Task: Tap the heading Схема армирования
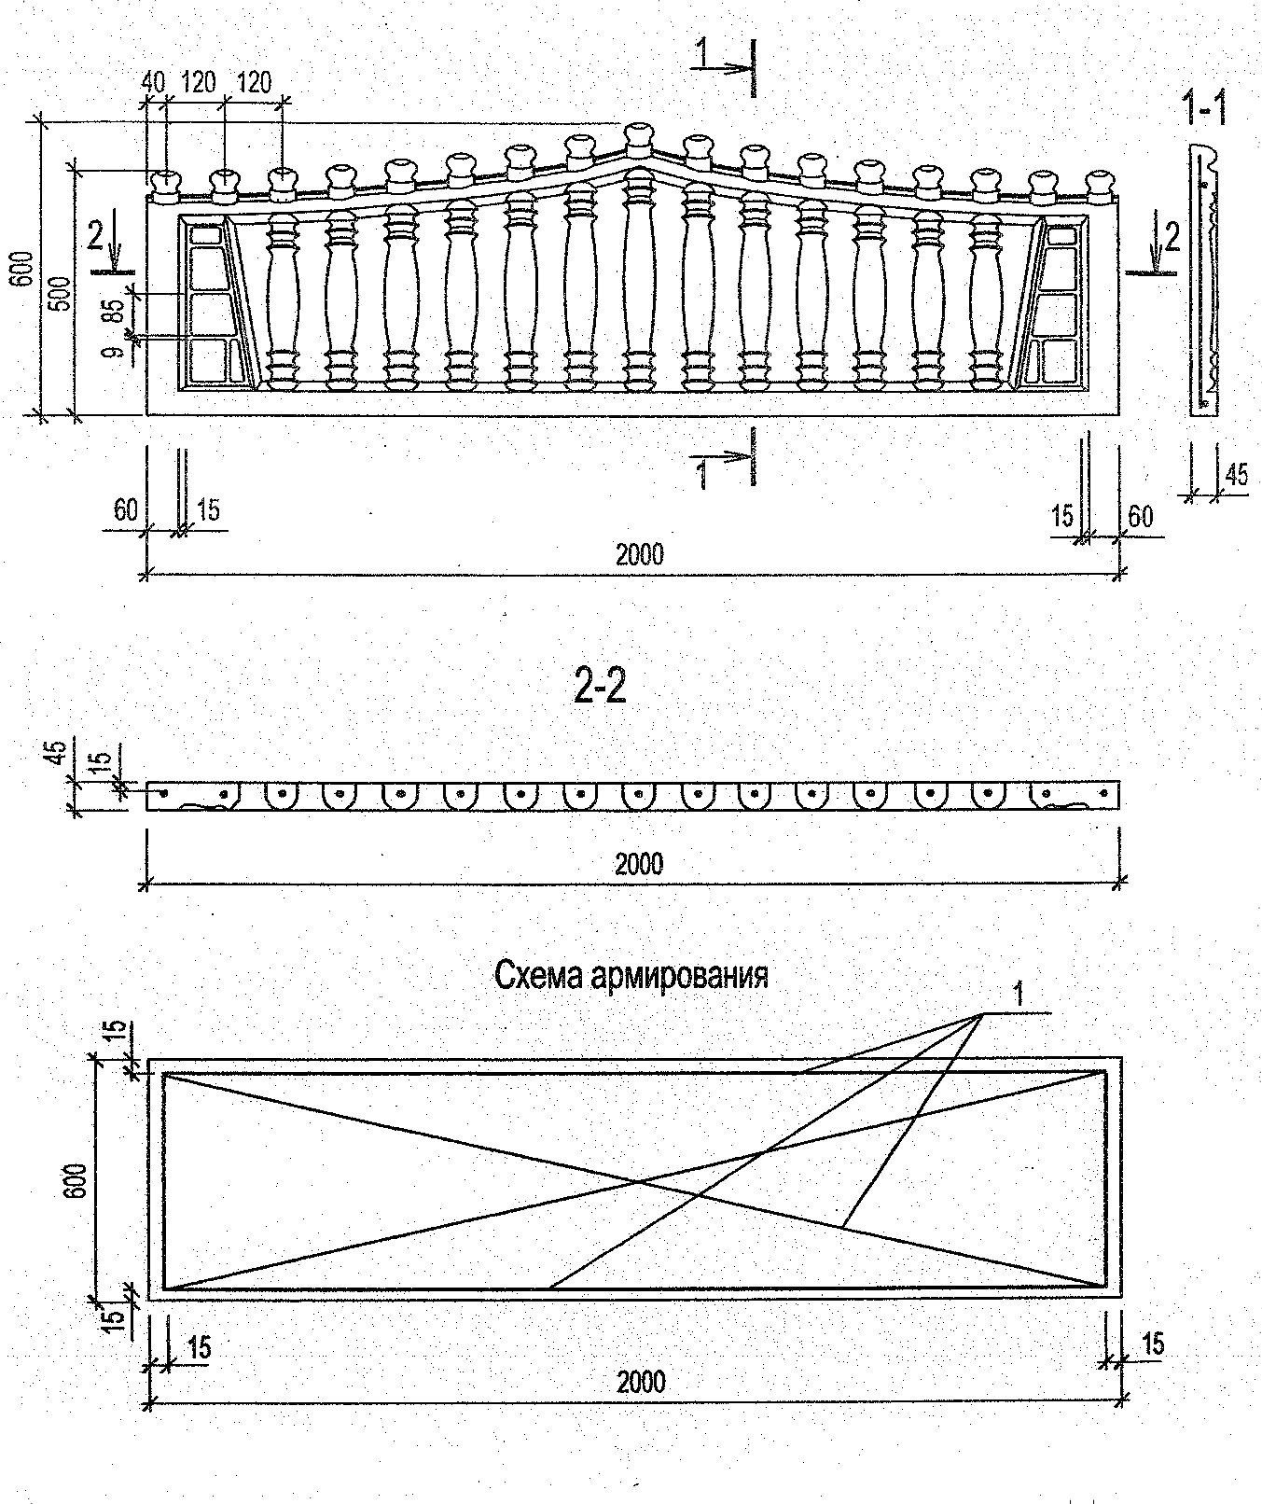tap(631, 976)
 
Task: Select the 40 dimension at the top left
tap(153, 82)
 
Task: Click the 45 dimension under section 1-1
tap(1236, 474)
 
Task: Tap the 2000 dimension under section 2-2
tap(639, 863)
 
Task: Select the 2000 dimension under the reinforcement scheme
tap(641, 1381)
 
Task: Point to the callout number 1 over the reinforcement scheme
tap(1019, 996)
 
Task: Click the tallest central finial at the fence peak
tap(639, 140)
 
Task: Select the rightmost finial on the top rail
tap(1101, 186)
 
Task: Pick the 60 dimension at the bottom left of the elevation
tap(125, 509)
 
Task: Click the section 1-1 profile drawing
tap(1205, 280)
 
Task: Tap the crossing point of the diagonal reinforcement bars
tap(640, 1182)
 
